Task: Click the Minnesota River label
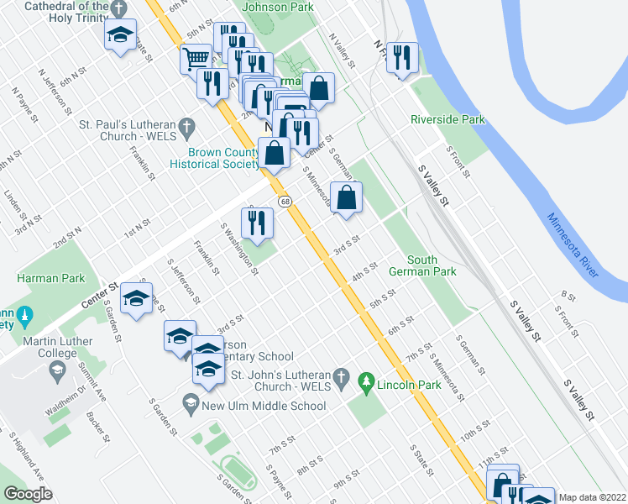[x=573, y=244]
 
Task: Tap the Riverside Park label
[x=447, y=120]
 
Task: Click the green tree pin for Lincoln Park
[x=365, y=383]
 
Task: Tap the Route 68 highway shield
[x=285, y=202]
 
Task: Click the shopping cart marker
[x=195, y=58]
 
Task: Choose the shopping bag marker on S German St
[x=346, y=198]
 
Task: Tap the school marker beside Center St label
[x=135, y=299]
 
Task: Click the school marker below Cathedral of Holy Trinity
[x=121, y=34]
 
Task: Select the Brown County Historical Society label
[x=223, y=158]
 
